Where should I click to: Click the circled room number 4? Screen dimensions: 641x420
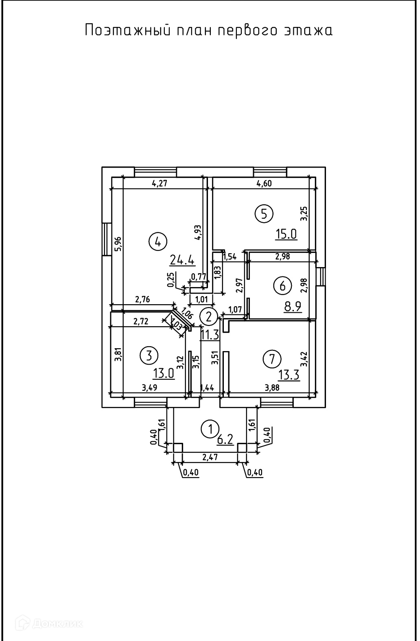[x=158, y=241]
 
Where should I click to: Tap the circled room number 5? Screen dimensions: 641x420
[x=264, y=213]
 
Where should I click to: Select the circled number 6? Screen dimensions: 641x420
[x=282, y=285]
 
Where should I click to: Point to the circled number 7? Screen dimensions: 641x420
[x=272, y=359]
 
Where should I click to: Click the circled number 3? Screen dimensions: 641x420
[x=149, y=356]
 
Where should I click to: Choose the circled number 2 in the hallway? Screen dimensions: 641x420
[x=209, y=316]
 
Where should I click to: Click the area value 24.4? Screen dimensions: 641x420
[x=182, y=259]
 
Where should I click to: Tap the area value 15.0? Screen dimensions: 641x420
[x=286, y=234]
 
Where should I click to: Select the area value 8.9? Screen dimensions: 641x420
[x=293, y=307]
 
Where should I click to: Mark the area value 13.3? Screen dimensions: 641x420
[x=289, y=375]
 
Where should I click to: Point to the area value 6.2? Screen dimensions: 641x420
[x=225, y=440]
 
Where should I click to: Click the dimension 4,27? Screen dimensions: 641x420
[x=160, y=183]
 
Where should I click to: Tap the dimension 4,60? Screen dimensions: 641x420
[x=264, y=183]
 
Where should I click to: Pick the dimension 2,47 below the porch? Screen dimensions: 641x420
[x=210, y=458]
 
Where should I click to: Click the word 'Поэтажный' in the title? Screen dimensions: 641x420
[x=127, y=31]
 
